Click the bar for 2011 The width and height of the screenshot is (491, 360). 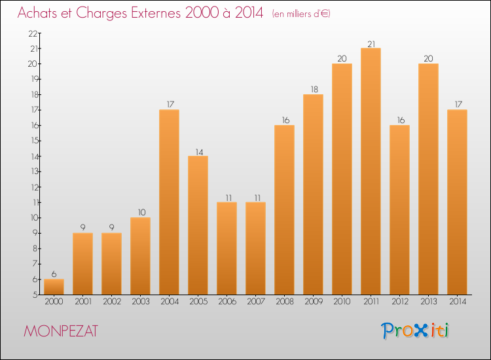pos(371,171)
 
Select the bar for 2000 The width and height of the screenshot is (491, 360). pos(54,287)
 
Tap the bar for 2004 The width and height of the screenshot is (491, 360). pos(169,202)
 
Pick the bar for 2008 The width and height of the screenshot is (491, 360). pos(284,210)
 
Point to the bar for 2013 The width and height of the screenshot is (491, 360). pos(428,179)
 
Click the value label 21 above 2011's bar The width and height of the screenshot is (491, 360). pos(371,43)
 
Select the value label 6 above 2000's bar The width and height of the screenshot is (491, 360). pos(54,274)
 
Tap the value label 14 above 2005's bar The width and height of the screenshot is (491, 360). pos(198,151)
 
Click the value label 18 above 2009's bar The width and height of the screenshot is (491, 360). pos(313,90)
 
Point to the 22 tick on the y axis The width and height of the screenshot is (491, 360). pos(31,33)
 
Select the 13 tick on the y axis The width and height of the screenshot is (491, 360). pos(31,171)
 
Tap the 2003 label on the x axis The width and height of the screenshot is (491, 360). pos(140,302)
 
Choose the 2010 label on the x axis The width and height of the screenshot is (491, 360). pos(342,302)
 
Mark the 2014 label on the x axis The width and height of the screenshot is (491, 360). pos(457,302)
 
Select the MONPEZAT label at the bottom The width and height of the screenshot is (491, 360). pos(60,331)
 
